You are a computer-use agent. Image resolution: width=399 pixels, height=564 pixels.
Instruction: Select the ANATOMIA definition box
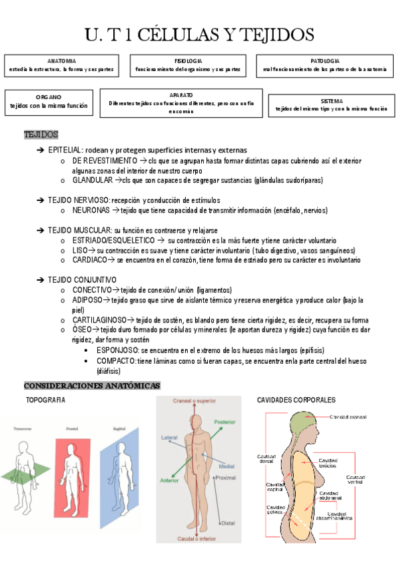(x=61, y=65)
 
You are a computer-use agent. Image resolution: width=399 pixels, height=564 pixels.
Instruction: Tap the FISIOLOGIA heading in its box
(x=188, y=61)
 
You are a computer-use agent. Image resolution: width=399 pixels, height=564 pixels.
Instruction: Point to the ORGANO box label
(x=48, y=97)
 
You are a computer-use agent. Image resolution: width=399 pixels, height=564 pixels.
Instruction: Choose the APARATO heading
(x=181, y=95)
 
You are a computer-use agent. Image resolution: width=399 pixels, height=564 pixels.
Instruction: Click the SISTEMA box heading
(x=331, y=101)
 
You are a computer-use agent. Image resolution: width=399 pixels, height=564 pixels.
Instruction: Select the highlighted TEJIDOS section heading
(x=41, y=135)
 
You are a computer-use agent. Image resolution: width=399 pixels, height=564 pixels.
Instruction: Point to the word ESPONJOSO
(x=117, y=350)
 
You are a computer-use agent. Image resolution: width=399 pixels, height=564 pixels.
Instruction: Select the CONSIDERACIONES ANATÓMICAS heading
(x=92, y=386)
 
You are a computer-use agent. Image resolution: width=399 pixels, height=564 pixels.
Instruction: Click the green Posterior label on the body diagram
(x=225, y=422)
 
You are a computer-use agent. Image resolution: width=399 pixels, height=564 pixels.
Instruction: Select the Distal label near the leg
(x=228, y=523)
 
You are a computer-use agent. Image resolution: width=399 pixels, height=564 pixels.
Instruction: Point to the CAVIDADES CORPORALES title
(x=296, y=400)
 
